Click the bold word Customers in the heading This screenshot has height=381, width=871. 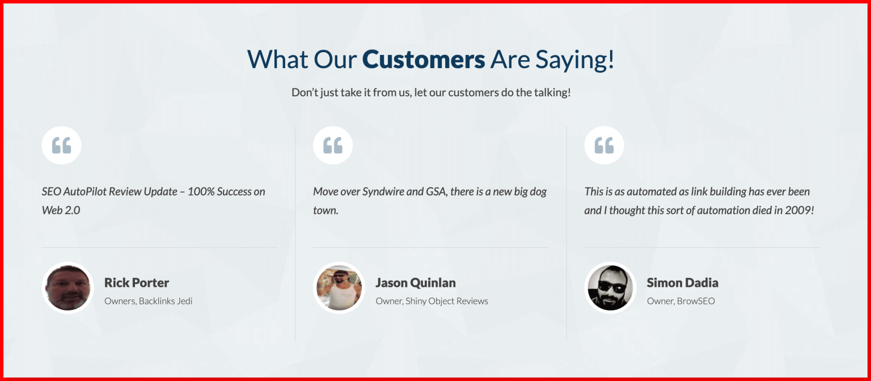tap(423, 60)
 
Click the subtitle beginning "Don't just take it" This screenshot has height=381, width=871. tap(431, 92)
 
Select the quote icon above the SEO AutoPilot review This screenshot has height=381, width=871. tap(61, 146)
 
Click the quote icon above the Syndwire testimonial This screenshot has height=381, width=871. tap(332, 146)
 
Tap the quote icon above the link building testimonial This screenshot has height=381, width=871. tap(604, 146)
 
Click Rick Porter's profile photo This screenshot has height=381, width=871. tap(67, 288)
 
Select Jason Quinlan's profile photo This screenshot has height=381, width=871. tap(339, 288)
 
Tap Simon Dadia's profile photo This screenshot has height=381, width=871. tap(610, 288)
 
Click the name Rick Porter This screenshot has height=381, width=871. tap(137, 282)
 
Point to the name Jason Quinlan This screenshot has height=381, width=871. tap(415, 282)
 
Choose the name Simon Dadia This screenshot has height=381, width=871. tap(682, 282)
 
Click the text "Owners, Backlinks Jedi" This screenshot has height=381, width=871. tap(149, 301)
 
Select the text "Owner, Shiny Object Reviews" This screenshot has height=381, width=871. tap(432, 301)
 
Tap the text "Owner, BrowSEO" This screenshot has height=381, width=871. tap(680, 301)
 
